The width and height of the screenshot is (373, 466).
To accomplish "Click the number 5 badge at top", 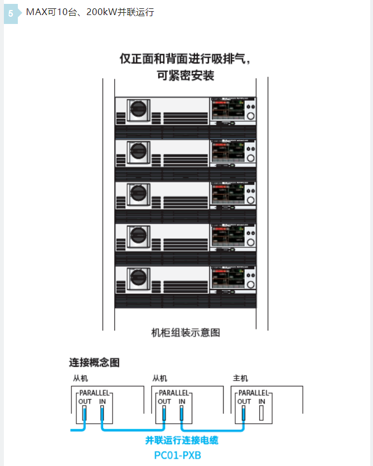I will pos(11,13).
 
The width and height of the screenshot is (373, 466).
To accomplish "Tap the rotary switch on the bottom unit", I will pos(137,279).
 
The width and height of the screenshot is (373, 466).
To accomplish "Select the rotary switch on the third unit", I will pos(137,194).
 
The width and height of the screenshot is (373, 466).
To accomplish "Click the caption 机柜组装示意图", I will pos(186,333).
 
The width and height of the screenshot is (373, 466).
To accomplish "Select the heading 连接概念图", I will pos(94,363).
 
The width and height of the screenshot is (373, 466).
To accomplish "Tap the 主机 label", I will pos(240,378).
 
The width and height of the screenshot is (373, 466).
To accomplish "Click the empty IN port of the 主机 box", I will pos(261,413).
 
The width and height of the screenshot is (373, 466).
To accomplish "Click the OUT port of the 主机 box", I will pos(244,413).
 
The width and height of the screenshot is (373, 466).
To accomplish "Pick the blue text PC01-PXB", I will pos(177,455).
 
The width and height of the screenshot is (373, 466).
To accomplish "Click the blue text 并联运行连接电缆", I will pos(182,440).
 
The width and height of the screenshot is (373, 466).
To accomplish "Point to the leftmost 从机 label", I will pos(80,378).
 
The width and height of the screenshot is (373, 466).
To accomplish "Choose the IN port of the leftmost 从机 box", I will pos(102,413).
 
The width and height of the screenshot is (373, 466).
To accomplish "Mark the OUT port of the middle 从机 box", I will pos(164,413).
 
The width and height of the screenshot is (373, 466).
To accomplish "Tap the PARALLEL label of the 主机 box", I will pos(254,392).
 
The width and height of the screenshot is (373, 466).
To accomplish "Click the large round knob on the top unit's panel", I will pos(251,115).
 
